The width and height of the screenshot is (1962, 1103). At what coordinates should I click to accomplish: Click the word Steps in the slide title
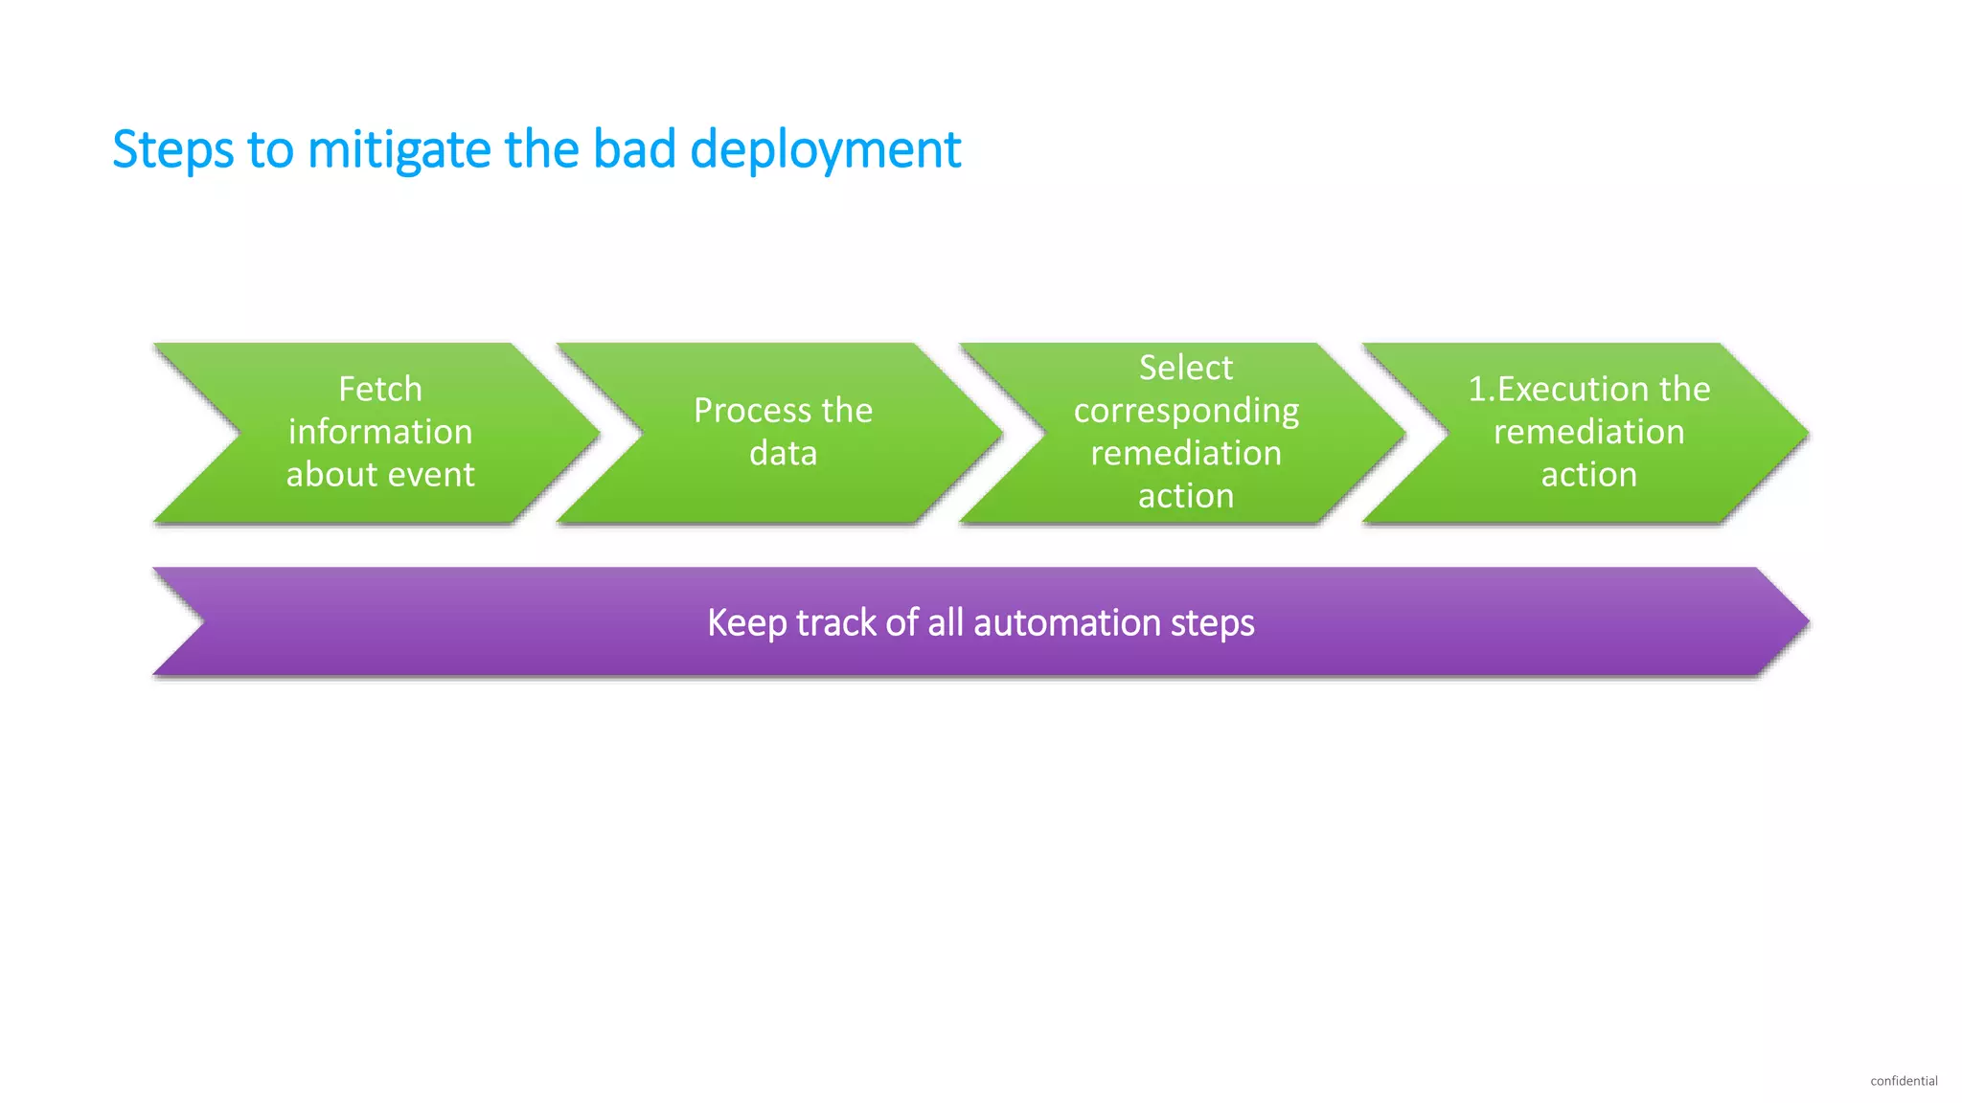pos(172,150)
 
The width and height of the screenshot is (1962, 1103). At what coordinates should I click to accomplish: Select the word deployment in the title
pos(825,150)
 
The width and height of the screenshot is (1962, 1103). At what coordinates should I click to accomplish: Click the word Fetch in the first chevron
pos(380,389)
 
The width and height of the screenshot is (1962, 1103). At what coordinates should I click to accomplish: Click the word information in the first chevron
pos(380,432)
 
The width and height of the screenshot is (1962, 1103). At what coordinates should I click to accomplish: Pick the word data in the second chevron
pos(783,453)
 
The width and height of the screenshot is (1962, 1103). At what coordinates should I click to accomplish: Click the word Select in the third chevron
pos(1186,368)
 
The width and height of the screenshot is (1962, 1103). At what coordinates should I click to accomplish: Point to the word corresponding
pos(1186,412)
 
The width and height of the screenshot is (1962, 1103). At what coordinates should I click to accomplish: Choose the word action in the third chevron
pos(1186,496)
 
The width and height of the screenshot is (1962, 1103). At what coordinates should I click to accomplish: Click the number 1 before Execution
pos(1477,389)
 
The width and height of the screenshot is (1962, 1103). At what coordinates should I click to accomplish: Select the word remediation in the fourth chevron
pos(1588,432)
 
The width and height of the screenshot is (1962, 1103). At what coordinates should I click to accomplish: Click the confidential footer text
pos(1903,1081)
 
